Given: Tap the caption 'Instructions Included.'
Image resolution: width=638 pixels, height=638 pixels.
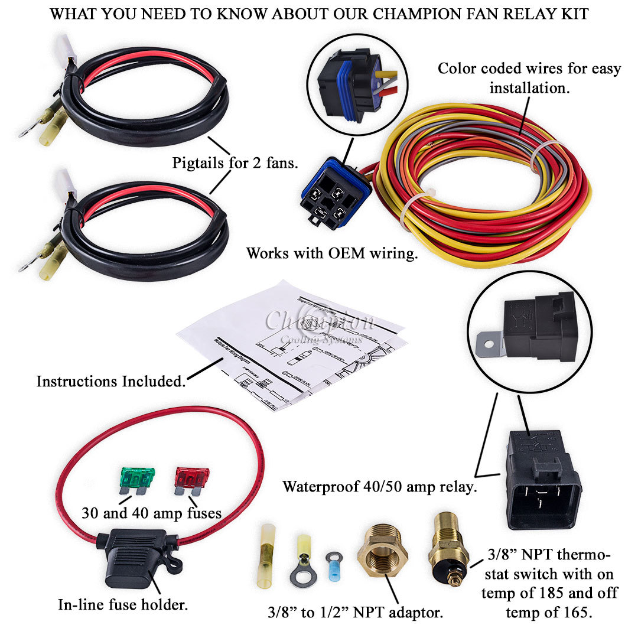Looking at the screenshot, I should (x=111, y=381).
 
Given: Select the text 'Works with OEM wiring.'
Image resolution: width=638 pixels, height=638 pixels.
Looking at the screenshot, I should (x=332, y=253).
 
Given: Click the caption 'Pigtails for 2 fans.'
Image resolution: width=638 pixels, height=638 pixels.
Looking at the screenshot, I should (x=235, y=162).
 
